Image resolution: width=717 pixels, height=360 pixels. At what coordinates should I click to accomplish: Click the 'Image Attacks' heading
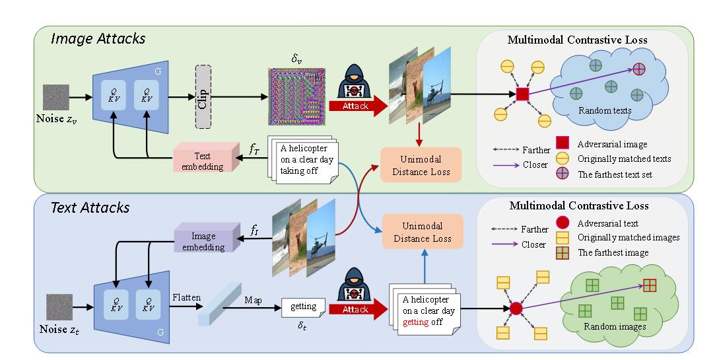[x=98, y=38]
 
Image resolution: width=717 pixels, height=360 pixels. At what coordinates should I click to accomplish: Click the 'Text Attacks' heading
[x=90, y=207]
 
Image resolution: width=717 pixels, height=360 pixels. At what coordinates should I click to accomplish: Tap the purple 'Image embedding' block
[x=203, y=242]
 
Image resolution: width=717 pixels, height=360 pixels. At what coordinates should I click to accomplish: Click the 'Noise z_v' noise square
[x=56, y=96]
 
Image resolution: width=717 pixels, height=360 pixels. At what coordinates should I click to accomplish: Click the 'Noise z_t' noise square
[x=60, y=307]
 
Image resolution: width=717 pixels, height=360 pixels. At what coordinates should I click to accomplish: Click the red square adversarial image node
[x=522, y=94]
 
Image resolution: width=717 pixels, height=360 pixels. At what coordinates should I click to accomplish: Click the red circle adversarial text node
[x=516, y=308]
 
